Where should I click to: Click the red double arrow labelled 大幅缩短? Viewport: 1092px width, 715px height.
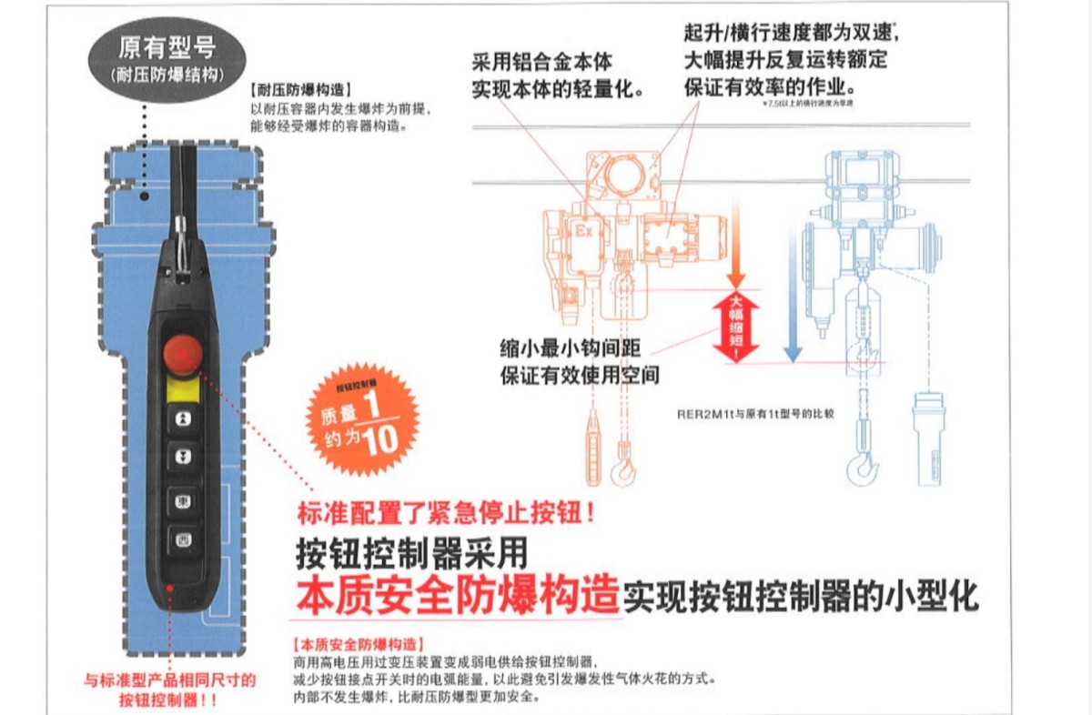tap(735, 326)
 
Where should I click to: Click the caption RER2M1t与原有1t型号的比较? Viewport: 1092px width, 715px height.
tap(754, 412)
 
